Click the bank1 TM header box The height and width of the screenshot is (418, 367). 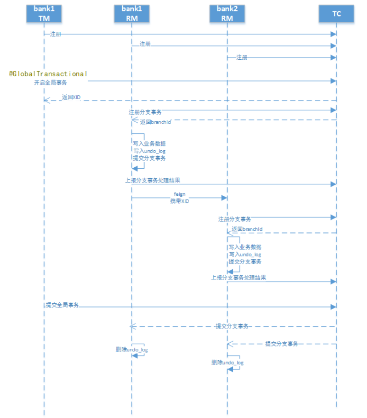[44, 13]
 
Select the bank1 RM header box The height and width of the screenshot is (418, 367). [132, 13]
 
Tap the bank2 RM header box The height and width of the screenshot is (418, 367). [227, 13]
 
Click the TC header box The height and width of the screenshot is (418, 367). [336, 13]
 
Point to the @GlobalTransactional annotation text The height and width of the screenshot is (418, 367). [48, 74]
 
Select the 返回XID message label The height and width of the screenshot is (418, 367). [71, 97]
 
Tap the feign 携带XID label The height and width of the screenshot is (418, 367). [179, 198]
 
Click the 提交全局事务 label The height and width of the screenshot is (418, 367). [62, 305]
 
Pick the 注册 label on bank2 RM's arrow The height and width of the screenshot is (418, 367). [242, 57]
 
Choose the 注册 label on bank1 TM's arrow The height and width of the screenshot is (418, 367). [55, 34]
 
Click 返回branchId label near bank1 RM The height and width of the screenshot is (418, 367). [156, 122]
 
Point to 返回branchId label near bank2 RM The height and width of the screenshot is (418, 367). [247, 229]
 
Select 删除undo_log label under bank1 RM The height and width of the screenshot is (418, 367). [132, 350]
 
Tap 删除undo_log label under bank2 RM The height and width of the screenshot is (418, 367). [228, 363]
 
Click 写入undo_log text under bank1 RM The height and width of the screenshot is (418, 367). [149, 151]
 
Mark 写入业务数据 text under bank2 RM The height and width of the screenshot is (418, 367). [245, 247]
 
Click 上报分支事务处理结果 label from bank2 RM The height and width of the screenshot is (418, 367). [239, 277]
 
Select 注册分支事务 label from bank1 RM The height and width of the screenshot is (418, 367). [145, 112]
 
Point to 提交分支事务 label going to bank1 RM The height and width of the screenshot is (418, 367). [232, 326]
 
